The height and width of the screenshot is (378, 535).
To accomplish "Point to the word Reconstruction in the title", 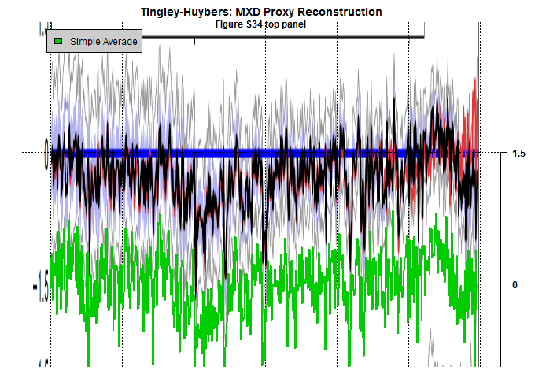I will tap(343, 12).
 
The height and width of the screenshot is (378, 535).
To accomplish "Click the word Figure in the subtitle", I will tap(231, 24).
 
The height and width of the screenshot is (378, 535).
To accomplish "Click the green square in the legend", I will tap(58, 41).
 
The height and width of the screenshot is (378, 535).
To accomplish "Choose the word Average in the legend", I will tap(120, 42).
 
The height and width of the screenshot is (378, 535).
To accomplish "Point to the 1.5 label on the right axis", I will tap(518, 154).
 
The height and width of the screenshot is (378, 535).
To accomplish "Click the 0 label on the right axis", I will tap(515, 284).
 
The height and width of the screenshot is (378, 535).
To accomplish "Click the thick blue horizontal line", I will tap(236, 153).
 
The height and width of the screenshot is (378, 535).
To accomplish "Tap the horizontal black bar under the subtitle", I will tap(315, 36).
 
